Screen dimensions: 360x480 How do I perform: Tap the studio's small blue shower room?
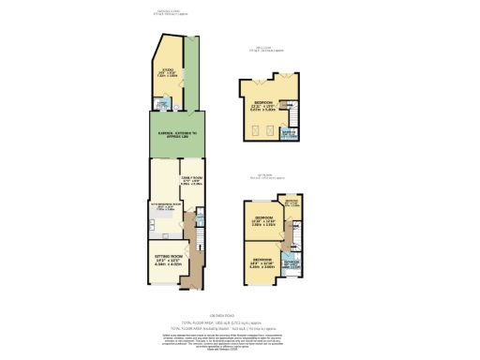(165, 105)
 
